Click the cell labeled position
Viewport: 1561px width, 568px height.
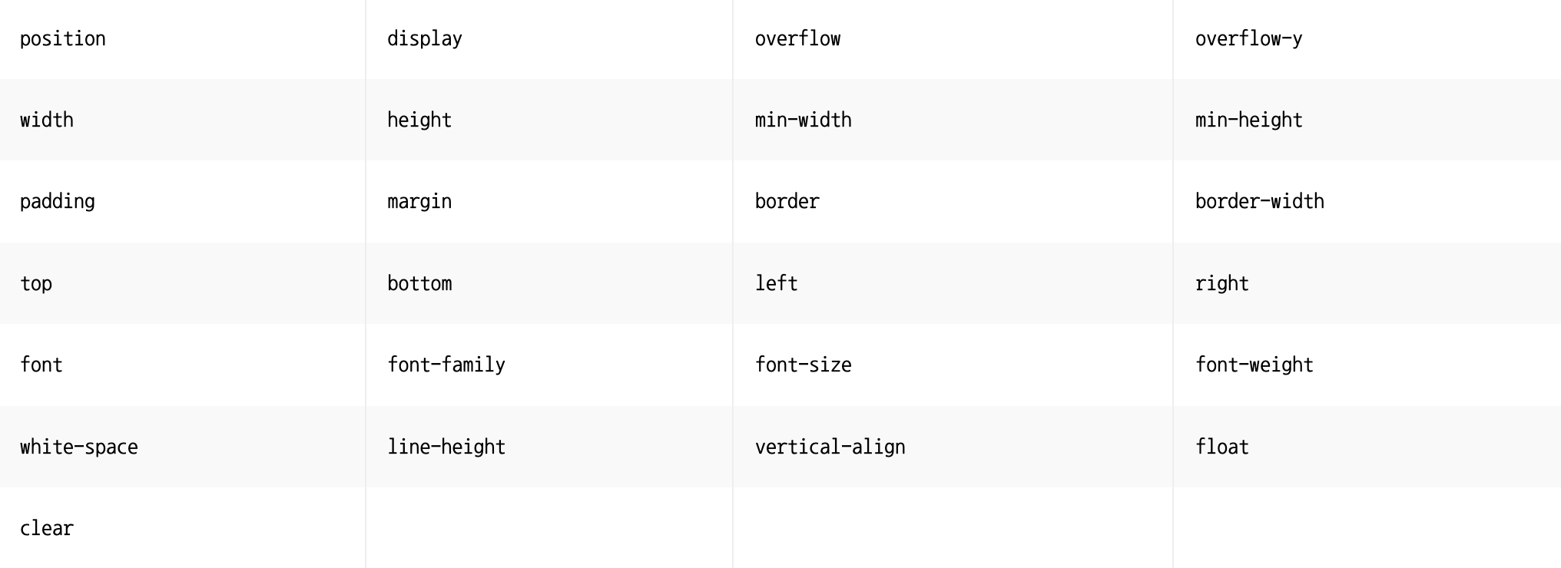[x=63, y=39]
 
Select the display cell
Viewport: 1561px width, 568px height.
[x=425, y=39]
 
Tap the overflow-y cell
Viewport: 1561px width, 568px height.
[x=1248, y=39]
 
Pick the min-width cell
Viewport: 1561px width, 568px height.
[x=803, y=121]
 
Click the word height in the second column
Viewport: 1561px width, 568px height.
[x=419, y=121]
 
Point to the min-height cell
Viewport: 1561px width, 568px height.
[x=1248, y=121]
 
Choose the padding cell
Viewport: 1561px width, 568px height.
[x=58, y=202]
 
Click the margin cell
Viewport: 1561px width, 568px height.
[x=419, y=202]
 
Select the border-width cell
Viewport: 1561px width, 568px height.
[x=1259, y=202]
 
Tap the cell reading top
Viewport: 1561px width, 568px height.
[x=36, y=284]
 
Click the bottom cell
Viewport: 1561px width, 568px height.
[x=419, y=284]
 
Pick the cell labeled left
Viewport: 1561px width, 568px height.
[x=776, y=284]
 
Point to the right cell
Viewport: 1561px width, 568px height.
[x=1221, y=284]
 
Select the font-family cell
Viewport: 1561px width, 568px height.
[x=446, y=365]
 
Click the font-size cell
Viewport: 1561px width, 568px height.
[x=803, y=365]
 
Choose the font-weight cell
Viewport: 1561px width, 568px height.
[x=1254, y=365]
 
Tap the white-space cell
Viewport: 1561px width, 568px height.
[x=79, y=447]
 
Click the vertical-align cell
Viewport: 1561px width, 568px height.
[x=830, y=447]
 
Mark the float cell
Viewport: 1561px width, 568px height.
[x=1221, y=447]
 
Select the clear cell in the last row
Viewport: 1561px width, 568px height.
[x=47, y=529]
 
